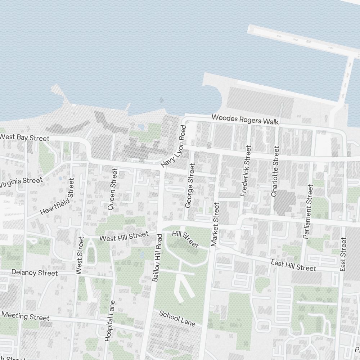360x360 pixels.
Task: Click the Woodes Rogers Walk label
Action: [245, 120]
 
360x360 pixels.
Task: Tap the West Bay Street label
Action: [24, 138]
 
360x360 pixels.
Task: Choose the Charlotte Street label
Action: [275, 171]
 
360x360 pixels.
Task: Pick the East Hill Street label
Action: [293, 266]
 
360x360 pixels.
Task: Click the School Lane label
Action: [177, 319]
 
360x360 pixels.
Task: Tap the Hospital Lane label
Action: [110, 321]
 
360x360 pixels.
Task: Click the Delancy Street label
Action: [35, 273]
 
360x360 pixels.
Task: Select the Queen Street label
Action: [113, 189]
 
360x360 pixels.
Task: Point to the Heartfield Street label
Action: [57, 197]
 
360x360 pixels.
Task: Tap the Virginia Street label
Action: [21, 182]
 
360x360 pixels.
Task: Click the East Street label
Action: [343, 254]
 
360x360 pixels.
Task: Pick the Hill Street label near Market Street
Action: [185, 240]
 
